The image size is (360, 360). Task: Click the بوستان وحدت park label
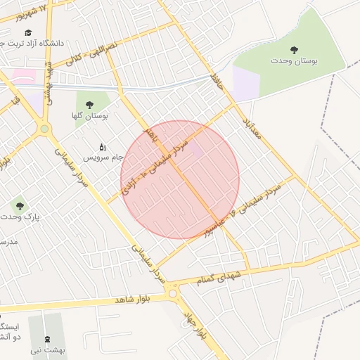294,61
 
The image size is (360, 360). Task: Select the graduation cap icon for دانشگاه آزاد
28,32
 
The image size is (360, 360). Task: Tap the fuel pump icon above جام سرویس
103,147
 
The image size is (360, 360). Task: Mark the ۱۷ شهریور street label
38,10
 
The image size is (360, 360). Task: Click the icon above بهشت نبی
47,340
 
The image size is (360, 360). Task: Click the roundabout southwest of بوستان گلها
45,129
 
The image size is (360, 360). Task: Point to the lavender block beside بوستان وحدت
247,83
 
